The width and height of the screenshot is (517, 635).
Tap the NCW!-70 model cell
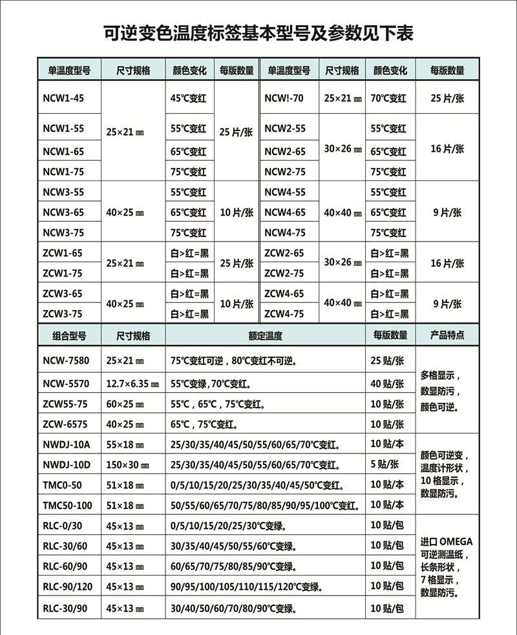(284, 98)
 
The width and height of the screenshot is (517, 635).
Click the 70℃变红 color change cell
(388, 98)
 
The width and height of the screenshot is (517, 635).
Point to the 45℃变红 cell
(188, 98)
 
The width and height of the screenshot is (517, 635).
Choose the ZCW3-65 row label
(62, 294)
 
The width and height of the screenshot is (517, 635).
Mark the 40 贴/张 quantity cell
(387, 384)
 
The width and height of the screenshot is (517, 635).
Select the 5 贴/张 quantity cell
(387, 464)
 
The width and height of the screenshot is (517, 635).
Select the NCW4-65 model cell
(284, 213)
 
